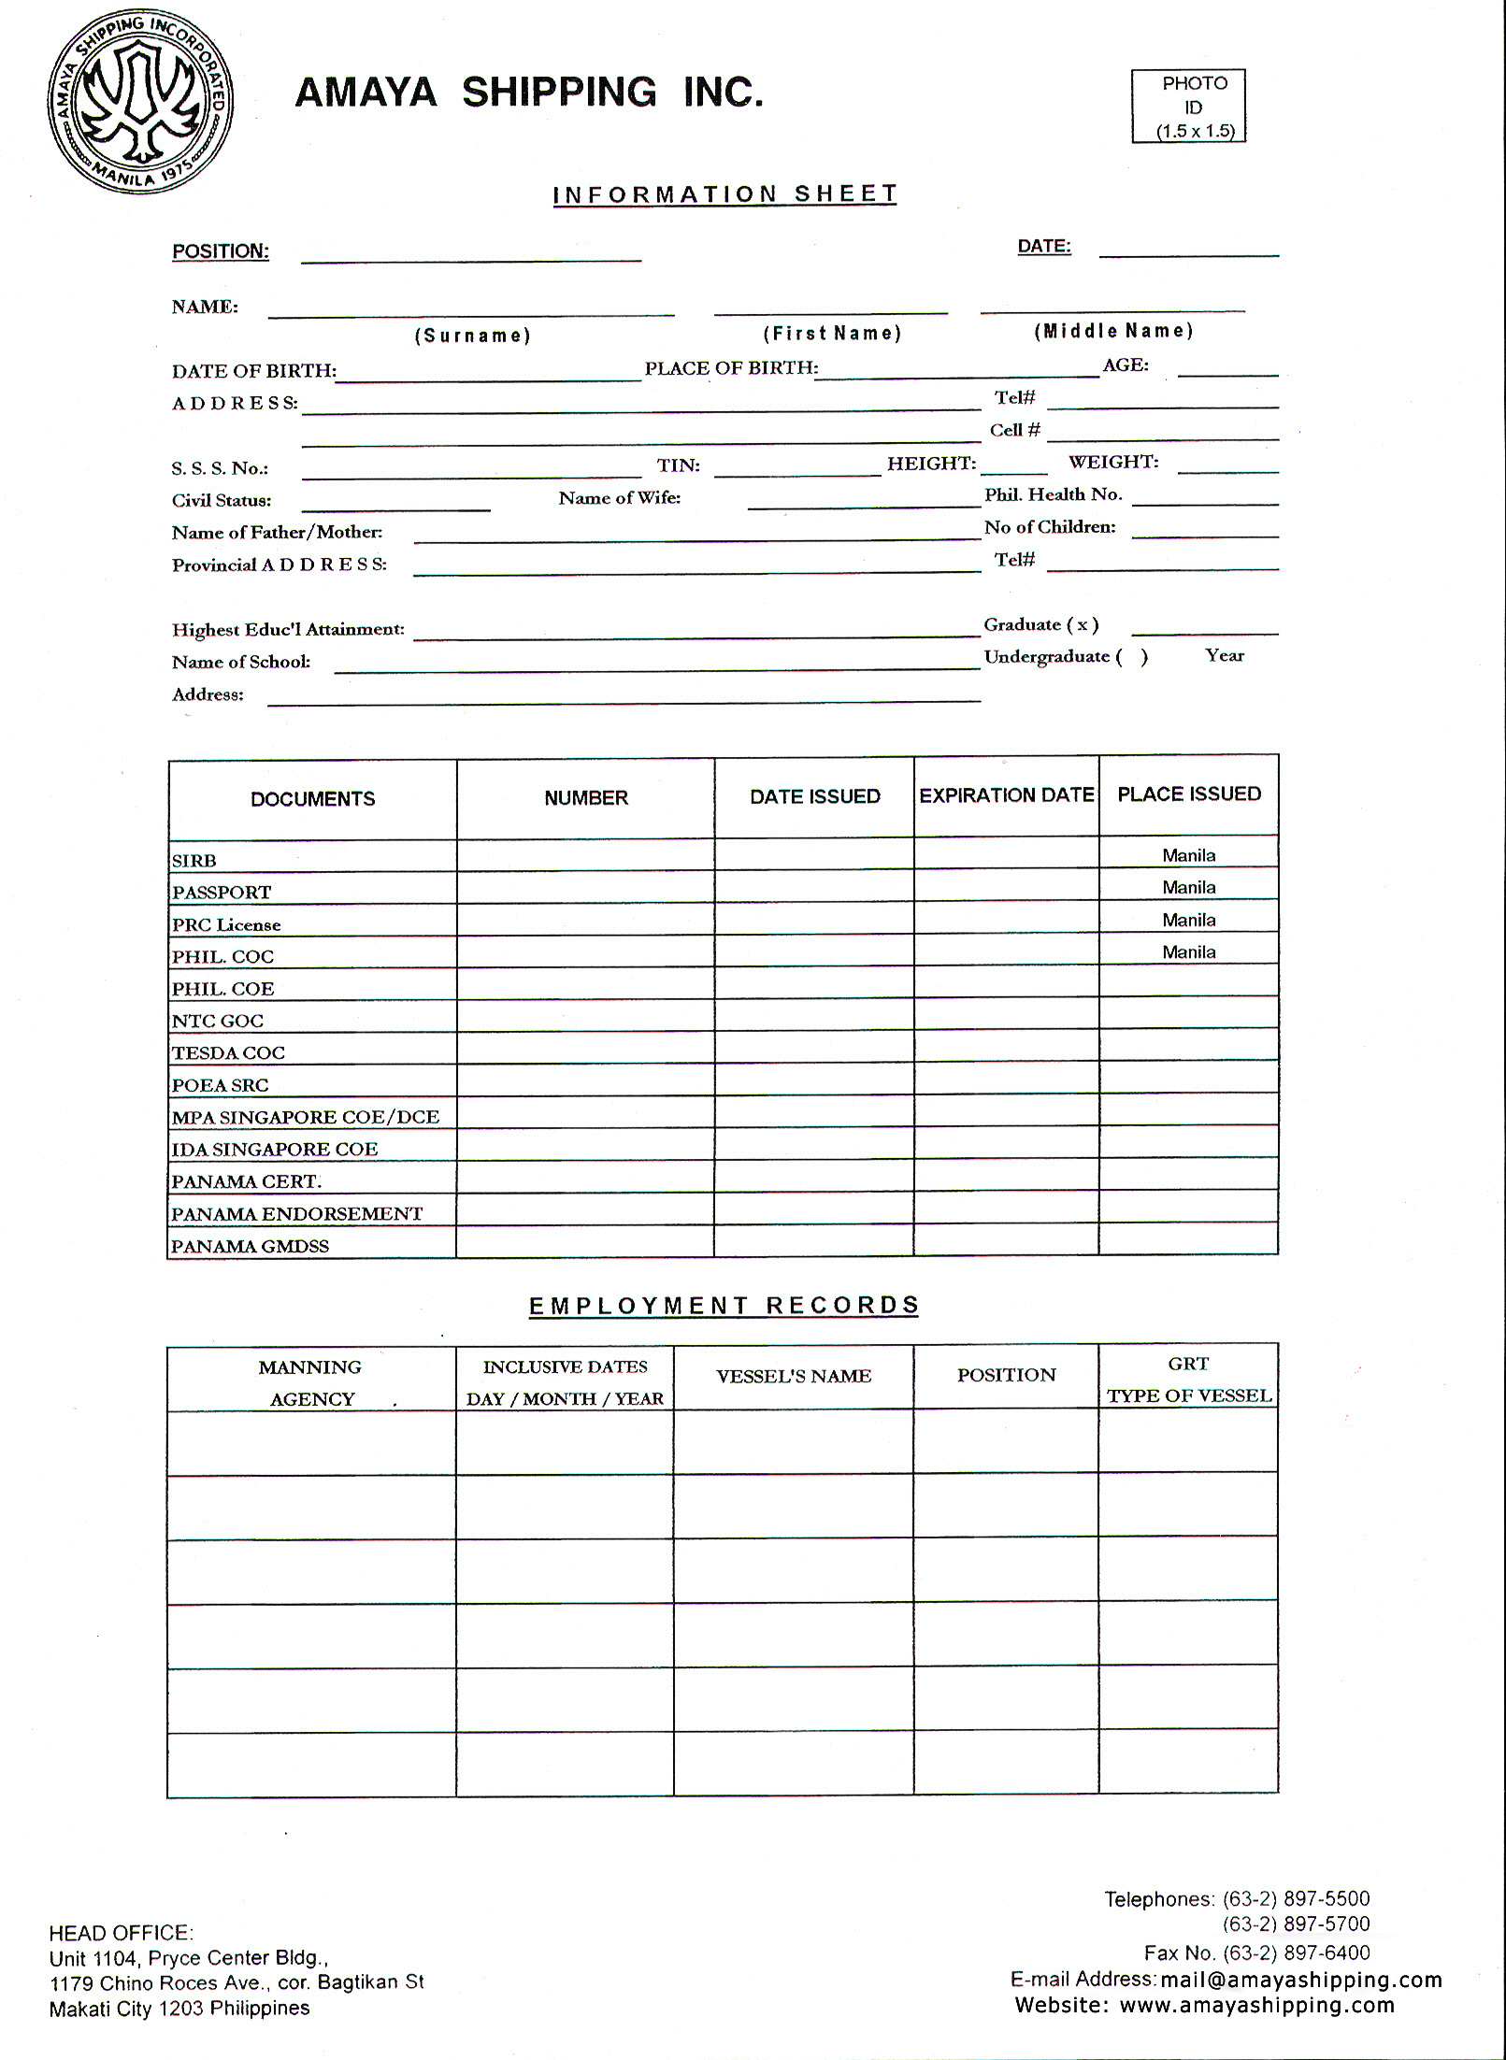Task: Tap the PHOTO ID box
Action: click(1189, 107)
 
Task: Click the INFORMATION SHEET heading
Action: click(724, 194)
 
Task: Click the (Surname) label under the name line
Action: click(473, 336)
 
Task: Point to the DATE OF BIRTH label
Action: click(253, 371)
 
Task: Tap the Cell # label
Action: click(1014, 430)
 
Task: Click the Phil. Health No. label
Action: click(1053, 494)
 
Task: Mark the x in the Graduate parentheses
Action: click(1082, 625)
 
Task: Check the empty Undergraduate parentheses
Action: click(1131, 657)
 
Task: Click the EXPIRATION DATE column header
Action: click(1006, 795)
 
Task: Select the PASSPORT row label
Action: click(222, 893)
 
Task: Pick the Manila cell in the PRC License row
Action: click(1188, 920)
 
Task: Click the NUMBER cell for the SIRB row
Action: click(585, 856)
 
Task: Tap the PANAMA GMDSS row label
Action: click(250, 1246)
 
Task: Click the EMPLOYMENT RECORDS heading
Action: click(724, 1306)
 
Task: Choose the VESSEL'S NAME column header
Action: click(793, 1376)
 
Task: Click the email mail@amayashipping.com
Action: click(1300, 1979)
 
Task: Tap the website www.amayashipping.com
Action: click(1256, 2005)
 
